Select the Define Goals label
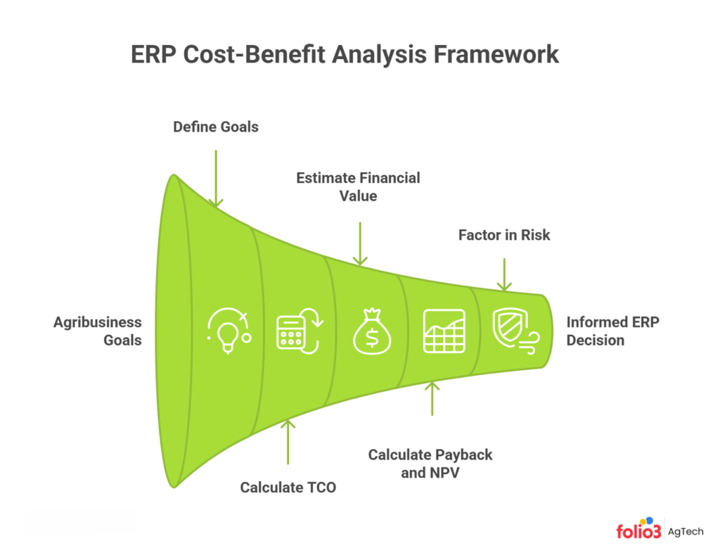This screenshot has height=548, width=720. click(x=216, y=127)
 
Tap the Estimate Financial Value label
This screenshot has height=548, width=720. click(x=358, y=186)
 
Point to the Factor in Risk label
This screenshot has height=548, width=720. click(x=504, y=235)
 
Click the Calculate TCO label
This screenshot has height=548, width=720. click(x=288, y=487)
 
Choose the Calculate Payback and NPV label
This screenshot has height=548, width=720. click(x=430, y=463)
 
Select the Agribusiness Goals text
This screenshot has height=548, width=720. click(x=98, y=331)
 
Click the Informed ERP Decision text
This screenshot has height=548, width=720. click(x=613, y=331)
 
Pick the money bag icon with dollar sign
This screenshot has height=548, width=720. click(x=371, y=331)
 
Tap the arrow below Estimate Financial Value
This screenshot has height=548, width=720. click(x=359, y=243)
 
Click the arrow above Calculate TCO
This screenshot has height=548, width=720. click(x=288, y=442)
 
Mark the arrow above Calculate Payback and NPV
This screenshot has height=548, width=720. click(x=432, y=398)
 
